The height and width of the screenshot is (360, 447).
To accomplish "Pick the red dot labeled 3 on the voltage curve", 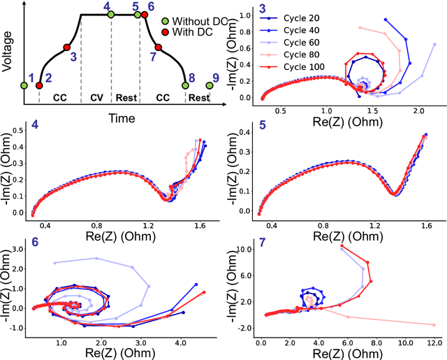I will click(x=68, y=48).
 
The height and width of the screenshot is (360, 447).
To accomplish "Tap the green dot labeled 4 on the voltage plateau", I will click(x=111, y=14).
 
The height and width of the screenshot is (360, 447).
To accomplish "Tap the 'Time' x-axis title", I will click(x=122, y=119).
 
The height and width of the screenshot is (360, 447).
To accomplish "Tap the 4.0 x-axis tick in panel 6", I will click(x=179, y=344).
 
